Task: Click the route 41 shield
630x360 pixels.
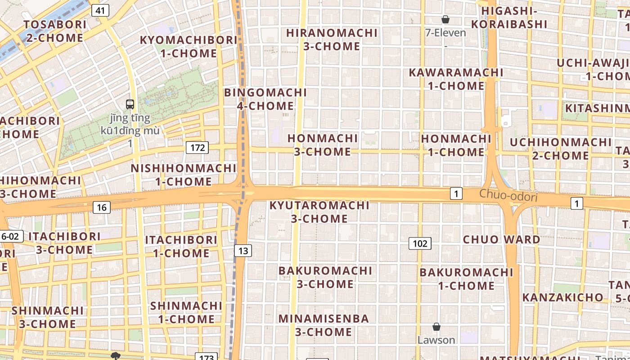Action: coord(100,10)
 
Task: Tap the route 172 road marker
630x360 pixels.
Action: coord(197,147)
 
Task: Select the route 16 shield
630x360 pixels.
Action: coord(102,207)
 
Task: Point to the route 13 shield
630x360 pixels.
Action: coord(243,251)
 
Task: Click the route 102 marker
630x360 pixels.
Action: coord(420,243)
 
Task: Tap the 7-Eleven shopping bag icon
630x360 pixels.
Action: coord(445,19)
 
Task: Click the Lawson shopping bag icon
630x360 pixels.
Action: coord(436,327)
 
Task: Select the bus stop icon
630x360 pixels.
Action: coord(130,104)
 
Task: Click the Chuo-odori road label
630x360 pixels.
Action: coord(508,196)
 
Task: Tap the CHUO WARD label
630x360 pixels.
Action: coord(501,239)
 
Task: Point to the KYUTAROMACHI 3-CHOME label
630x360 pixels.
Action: coord(319,212)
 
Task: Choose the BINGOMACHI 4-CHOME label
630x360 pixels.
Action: coord(265,99)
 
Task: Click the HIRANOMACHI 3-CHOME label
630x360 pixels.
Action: coord(332,40)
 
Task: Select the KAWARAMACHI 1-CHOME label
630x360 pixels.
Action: coord(456,79)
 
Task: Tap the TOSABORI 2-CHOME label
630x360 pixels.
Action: coord(55,31)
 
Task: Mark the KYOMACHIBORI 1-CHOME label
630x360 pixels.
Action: coord(189,46)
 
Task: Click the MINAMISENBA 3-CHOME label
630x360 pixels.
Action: coord(324,325)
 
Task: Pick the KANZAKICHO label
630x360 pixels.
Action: coord(562,297)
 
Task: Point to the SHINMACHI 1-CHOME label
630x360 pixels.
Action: coord(186,312)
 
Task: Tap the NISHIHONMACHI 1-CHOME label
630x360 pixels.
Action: coord(184,175)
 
